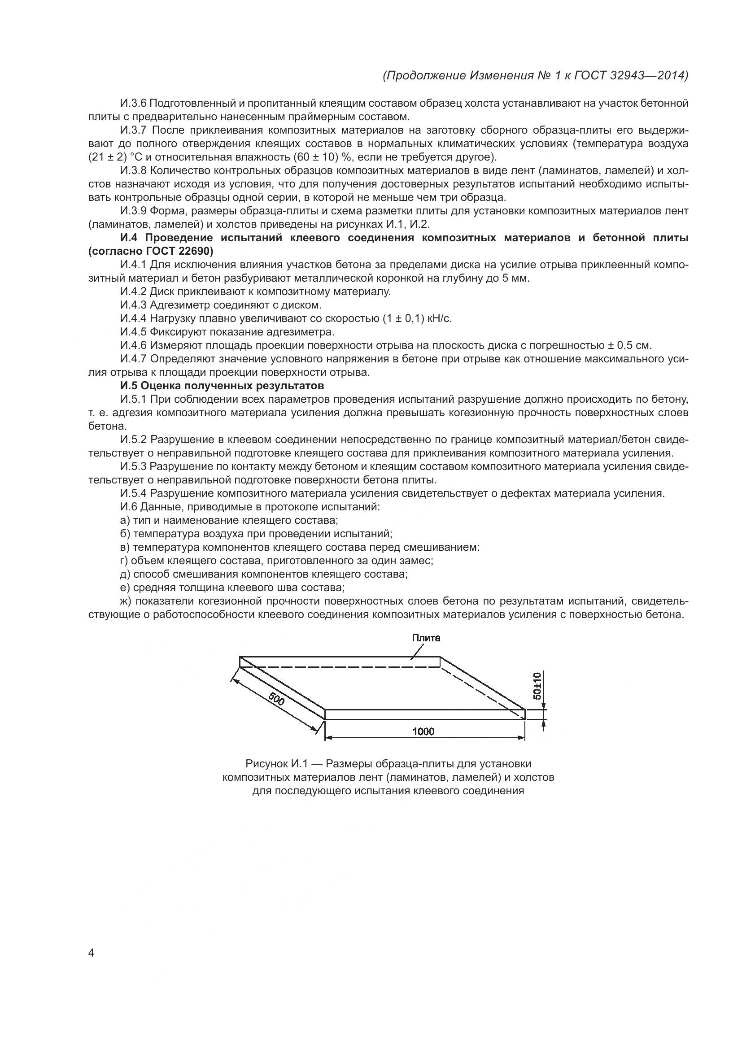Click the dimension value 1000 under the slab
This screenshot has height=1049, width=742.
click(423, 731)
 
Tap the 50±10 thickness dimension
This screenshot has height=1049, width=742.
click(537, 685)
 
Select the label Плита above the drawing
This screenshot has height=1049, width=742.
click(426, 638)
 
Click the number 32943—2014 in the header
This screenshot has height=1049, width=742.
click(649, 75)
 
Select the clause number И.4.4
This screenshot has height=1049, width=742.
click(133, 318)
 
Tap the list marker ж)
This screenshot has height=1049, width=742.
click(125, 601)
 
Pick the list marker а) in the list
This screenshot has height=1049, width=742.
click(125, 520)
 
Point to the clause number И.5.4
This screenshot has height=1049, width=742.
click(133, 493)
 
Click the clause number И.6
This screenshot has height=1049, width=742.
click(128, 507)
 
